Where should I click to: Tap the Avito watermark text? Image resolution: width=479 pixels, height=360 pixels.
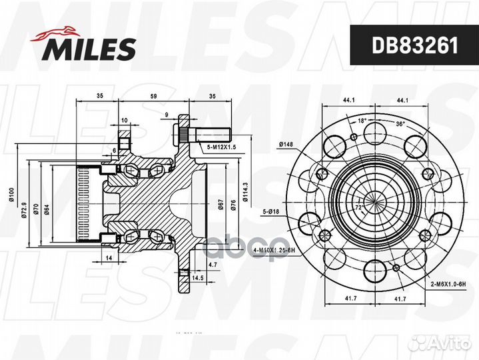[448, 343]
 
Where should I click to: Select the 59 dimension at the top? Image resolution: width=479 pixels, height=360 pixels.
[154, 97]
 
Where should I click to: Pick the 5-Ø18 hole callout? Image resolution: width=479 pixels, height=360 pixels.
[272, 212]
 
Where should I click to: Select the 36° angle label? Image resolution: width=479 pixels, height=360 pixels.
[399, 123]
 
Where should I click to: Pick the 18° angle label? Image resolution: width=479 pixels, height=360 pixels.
[362, 121]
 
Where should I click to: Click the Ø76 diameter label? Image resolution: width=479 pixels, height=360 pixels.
[233, 205]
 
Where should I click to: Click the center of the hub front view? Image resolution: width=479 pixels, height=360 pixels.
[373, 198]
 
